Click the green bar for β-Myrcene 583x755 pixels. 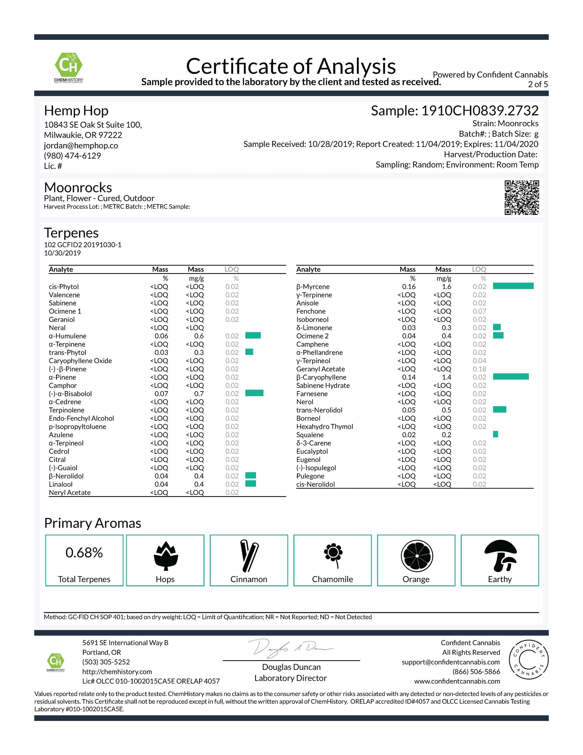tap(513, 286)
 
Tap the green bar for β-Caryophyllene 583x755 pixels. tap(510, 376)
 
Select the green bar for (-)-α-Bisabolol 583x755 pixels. tap(254, 393)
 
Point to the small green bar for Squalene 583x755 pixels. tap(495, 434)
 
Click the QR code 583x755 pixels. tap(521, 198)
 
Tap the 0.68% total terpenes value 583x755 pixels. tap(84, 553)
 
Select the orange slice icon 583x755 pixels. tap(417, 556)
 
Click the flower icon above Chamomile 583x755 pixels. tap(333, 555)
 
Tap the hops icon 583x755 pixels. tap(165, 556)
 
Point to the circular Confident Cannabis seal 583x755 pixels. tap(528, 660)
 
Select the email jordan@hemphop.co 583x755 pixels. tap(81, 146)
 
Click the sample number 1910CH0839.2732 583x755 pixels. tap(480, 111)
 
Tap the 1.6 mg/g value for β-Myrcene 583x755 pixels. tap(446, 287)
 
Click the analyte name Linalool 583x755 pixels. tap(61, 484)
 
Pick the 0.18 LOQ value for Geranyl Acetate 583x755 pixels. tap(479, 369)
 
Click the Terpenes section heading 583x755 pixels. tap(71, 233)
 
